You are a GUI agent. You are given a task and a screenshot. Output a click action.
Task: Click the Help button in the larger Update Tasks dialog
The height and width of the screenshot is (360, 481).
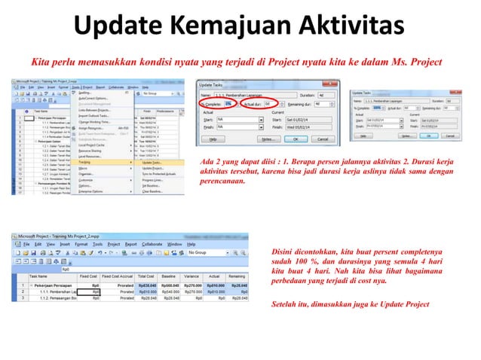[214, 139]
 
